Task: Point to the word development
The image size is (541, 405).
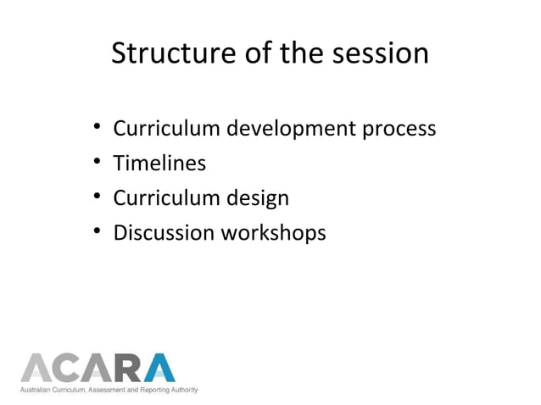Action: pos(282,130)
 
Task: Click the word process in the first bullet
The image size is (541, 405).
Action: pos(399,130)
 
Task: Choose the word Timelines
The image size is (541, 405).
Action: pos(159,164)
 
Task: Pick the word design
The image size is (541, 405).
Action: pos(257,198)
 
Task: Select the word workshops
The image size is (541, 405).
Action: pos(273,232)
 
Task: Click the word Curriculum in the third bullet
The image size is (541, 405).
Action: pos(166,198)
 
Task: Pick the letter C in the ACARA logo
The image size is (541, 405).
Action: pos(66,368)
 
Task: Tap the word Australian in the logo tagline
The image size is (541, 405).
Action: pos(38,390)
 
